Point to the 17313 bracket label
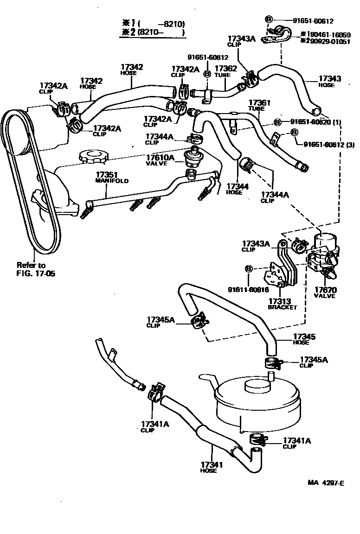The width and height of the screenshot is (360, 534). (279, 301)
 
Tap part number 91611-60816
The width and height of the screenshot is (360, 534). (248, 290)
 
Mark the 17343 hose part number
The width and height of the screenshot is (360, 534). (330, 79)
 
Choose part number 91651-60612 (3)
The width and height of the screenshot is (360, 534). (328, 144)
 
